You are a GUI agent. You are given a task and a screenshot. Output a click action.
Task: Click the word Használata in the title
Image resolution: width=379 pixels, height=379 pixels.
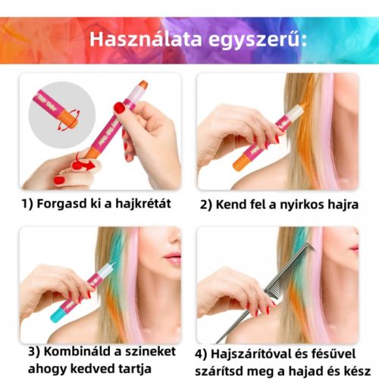click(146, 39)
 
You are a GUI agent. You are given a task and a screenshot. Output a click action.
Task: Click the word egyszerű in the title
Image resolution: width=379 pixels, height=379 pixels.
click(255, 40)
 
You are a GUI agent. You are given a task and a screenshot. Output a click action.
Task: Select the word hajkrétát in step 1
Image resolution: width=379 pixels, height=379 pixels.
click(143, 203)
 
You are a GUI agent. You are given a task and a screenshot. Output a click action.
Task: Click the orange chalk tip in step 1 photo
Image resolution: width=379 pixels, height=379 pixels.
click(143, 85)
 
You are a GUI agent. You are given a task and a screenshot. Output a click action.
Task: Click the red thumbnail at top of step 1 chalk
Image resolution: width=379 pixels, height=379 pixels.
click(120, 108)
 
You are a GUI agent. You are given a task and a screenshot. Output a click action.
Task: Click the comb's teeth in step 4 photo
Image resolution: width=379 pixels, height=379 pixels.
click(290, 270)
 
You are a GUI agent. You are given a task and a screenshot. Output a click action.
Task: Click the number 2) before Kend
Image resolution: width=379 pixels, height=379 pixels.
click(206, 205)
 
